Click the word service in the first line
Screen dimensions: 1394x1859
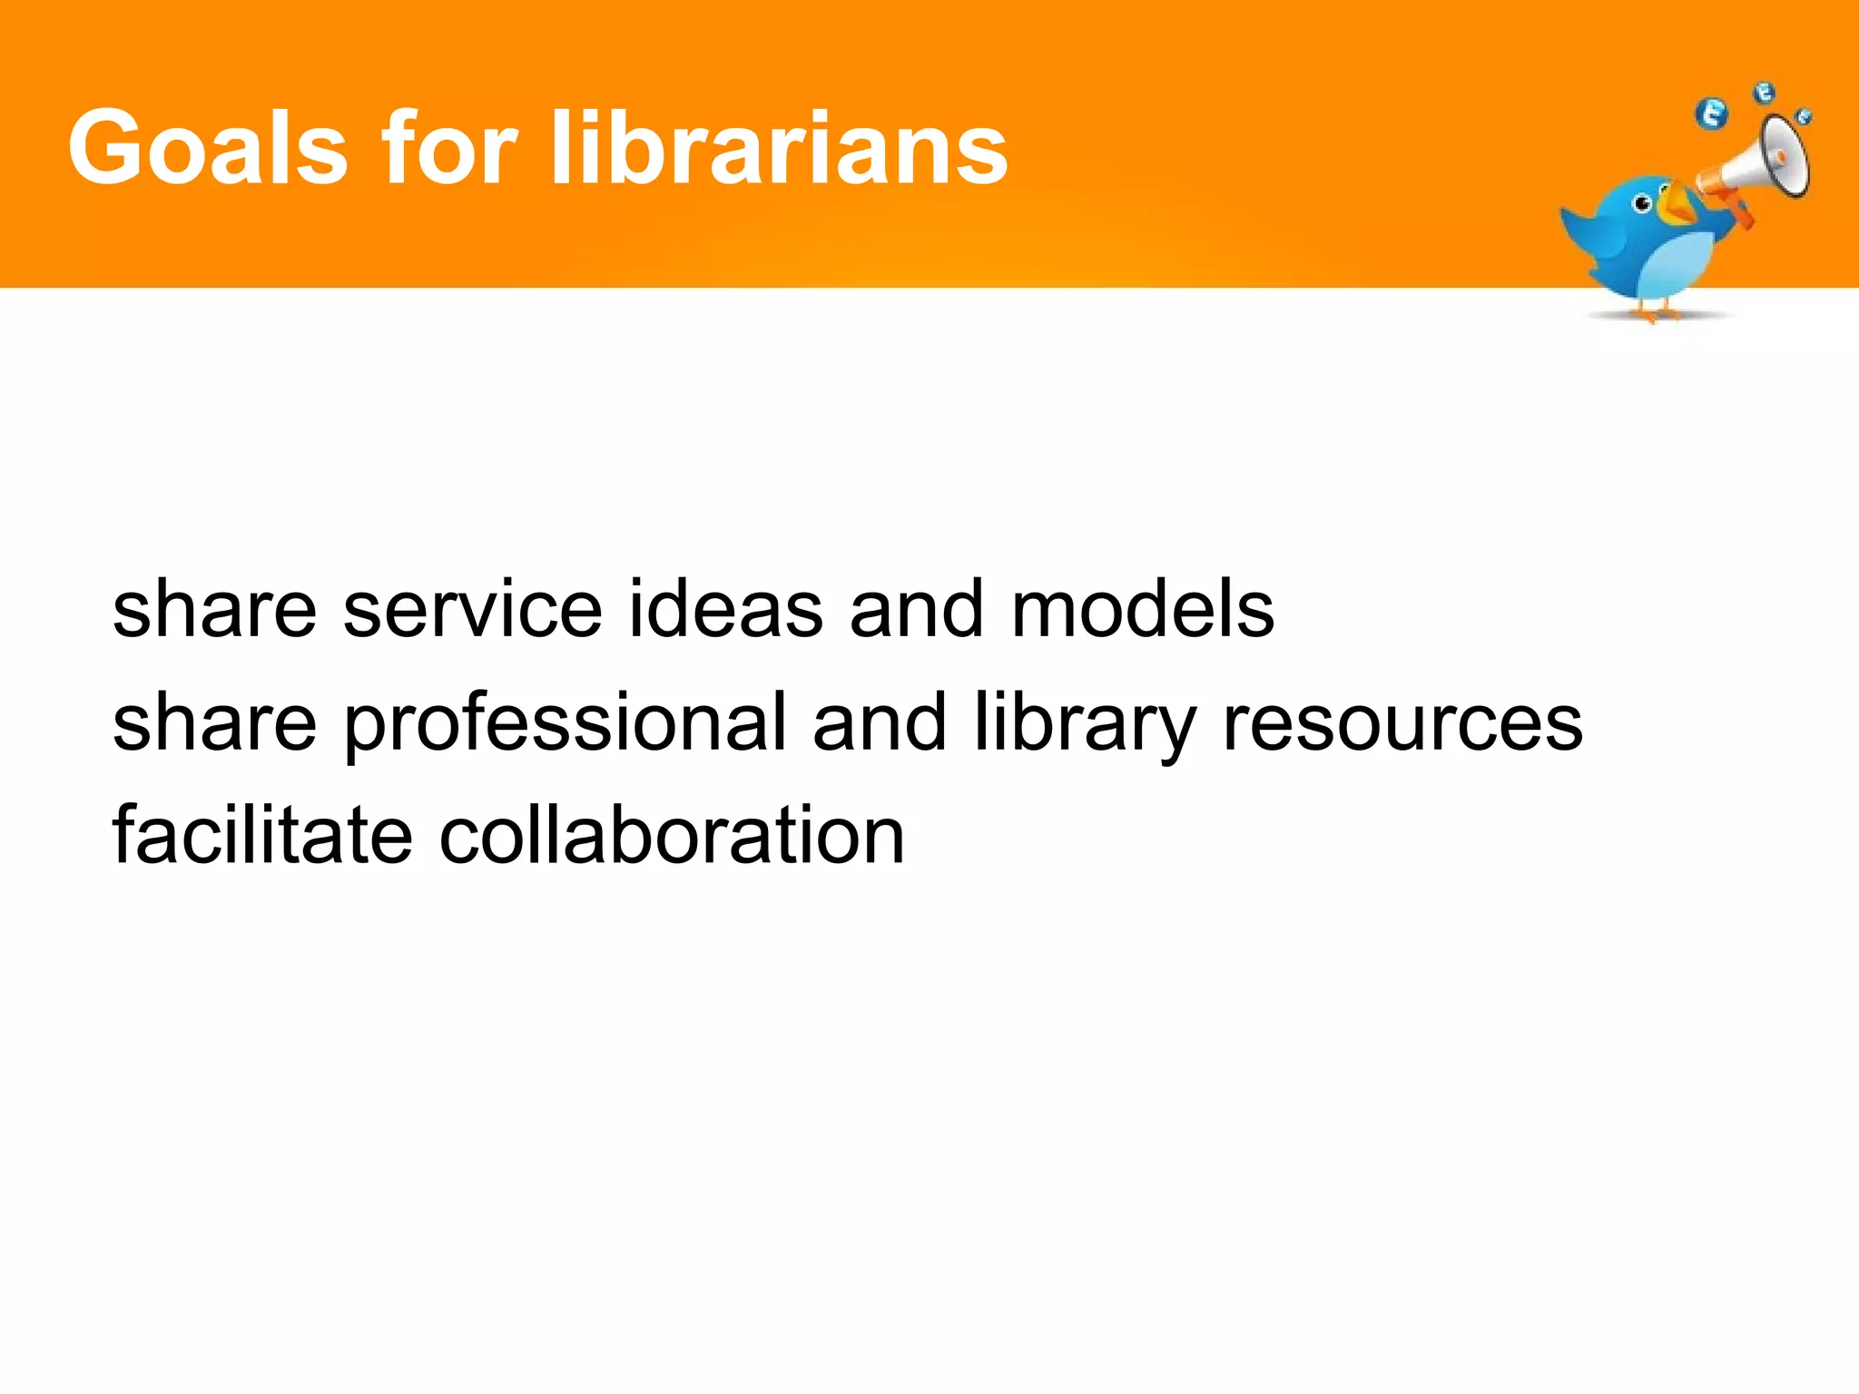tap(472, 609)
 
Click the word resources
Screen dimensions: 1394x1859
tap(1402, 724)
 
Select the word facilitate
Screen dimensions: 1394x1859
tap(262, 835)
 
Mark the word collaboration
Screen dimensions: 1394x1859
tap(672, 835)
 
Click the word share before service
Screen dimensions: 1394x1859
tap(214, 609)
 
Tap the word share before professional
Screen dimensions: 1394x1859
tap(214, 724)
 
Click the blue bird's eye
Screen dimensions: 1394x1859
tap(1642, 204)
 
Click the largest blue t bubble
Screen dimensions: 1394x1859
tap(1713, 115)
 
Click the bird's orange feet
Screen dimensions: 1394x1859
tap(1652, 313)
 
